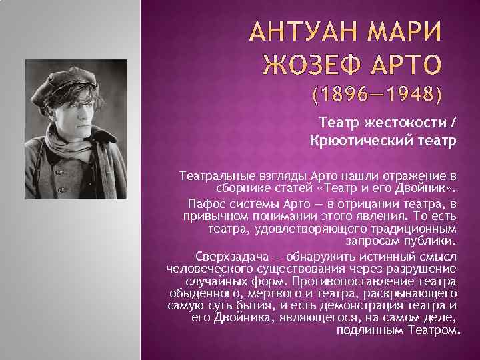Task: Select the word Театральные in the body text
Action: [x=214, y=176]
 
